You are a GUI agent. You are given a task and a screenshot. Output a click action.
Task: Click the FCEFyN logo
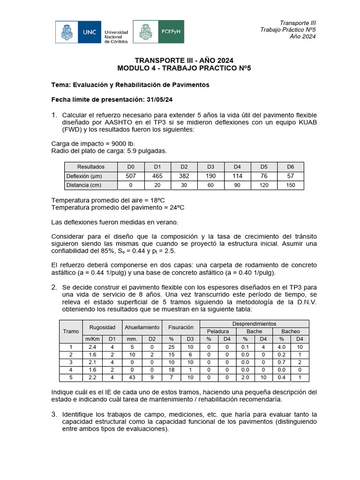[x=158, y=32]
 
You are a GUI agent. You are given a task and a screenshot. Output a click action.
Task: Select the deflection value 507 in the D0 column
[x=131, y=176]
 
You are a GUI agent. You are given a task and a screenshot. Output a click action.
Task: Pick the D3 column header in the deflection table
[x=211, y=167]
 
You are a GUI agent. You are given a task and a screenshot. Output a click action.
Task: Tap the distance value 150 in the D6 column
[x=291, y=185]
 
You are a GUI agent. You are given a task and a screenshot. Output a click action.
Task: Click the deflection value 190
[x=211, y=176]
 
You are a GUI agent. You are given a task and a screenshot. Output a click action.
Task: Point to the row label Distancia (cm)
[x=84, y=185]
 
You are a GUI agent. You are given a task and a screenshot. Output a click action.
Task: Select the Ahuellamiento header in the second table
[x=142, y=327]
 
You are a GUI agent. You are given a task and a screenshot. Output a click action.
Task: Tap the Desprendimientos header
[x=255, y=323]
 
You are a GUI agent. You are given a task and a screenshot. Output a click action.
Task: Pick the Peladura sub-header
[x=217, y=331]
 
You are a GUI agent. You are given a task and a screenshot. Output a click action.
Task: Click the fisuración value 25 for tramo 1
[x=171, y=347]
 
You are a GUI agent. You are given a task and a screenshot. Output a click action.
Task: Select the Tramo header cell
[x=71, y=331]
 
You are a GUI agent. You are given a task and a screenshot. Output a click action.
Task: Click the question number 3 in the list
[x=54, y=414]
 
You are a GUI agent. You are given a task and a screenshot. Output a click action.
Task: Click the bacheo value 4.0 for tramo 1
[x=282, y=347]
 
